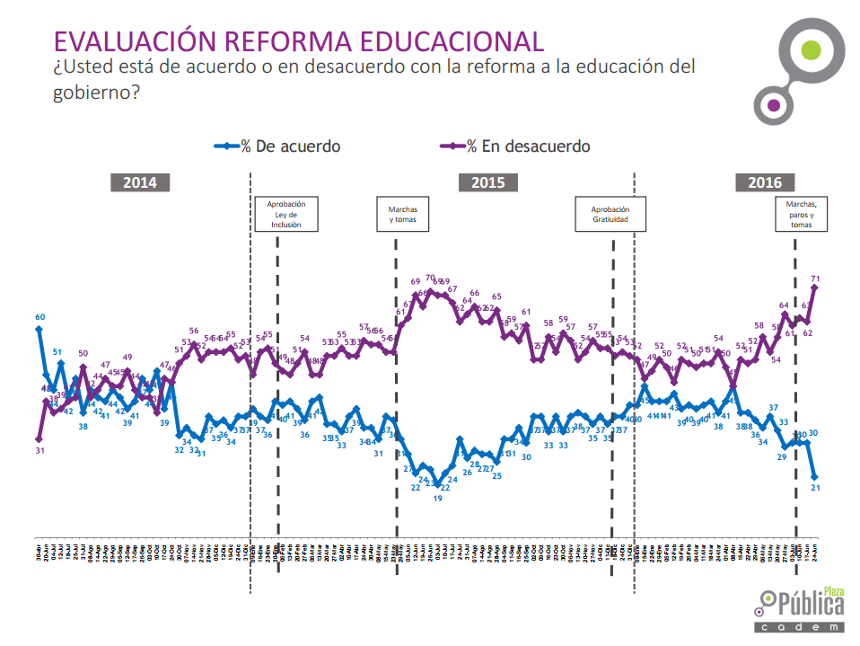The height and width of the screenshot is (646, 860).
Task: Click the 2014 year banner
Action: (x=140, y=182)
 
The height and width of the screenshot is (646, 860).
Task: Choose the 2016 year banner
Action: (x=764, y=182)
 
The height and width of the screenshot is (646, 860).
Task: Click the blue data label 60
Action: (x=40, y=317)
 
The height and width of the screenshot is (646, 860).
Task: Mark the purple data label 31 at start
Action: (x=39, y=450)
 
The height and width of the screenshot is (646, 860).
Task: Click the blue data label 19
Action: (x=437, y=498)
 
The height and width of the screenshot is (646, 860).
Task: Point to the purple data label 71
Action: (x=815, y=279)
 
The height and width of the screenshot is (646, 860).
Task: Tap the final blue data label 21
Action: (x=815, y=487)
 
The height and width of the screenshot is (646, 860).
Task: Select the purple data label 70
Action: (x=430, y=279)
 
